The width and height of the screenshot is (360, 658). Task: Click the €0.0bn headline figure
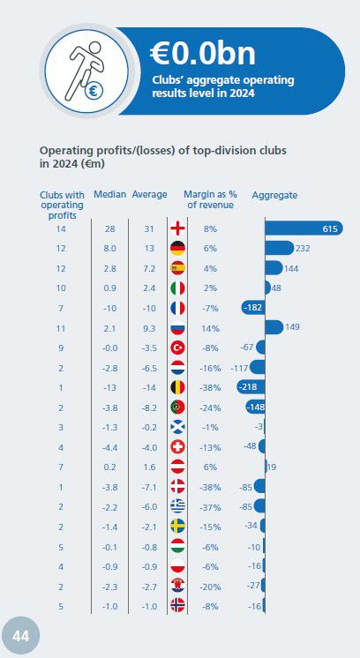click(203, 54)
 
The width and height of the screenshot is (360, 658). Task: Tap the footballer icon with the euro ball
click(81, 70)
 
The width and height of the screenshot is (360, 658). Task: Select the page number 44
click(20, 637)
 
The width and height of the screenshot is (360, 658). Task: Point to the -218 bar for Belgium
click(251, 387)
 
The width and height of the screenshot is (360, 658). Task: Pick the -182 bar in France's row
click(253, 308)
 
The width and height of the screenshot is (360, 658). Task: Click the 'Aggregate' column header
click(274, 194)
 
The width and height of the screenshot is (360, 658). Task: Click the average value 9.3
click(148, 327)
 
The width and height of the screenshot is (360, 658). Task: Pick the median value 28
click(111, 229)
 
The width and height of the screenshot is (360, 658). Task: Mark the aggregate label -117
click(239, 367)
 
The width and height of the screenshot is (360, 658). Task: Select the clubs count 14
click(62, 229)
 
